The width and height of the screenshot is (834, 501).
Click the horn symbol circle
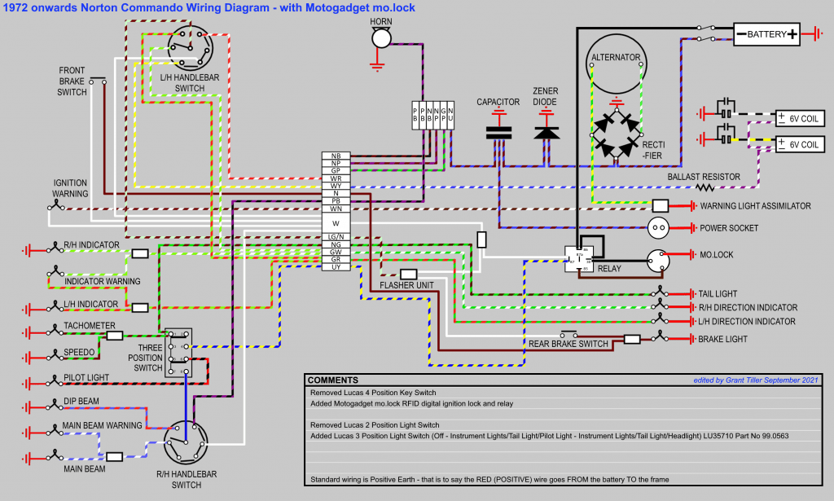point(380,38)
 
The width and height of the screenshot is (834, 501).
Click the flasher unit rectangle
point(409,274)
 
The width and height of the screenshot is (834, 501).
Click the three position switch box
point(179,353)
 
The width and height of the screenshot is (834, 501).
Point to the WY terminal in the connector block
point(336,186)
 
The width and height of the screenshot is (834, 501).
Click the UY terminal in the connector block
point(336,266)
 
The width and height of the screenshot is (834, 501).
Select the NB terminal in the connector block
point(336,156)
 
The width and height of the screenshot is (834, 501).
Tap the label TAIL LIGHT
point(718,294)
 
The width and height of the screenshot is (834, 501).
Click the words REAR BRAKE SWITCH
point(568,344)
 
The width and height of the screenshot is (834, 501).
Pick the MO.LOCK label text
point(717,255)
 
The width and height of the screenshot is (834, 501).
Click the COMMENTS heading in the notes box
point(333,380)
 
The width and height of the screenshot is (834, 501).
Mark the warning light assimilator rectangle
point(661,206)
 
